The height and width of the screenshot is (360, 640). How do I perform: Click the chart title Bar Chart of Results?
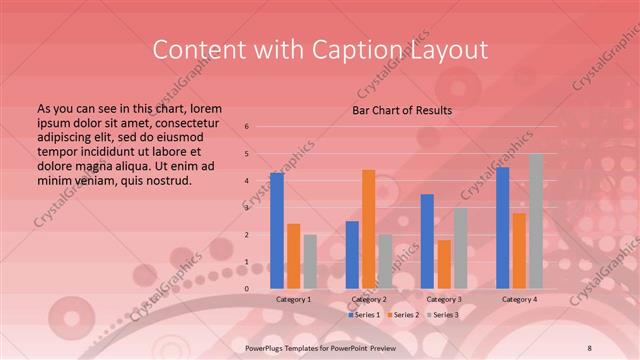[402, 110]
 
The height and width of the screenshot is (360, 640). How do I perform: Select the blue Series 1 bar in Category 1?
[277, 230]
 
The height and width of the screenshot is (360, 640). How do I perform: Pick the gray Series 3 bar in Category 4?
[536, 221]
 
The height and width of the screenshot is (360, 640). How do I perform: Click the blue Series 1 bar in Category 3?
[427, 241]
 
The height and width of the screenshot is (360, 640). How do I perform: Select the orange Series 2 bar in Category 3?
[444, 264]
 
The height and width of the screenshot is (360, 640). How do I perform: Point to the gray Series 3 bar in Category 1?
[309, 261]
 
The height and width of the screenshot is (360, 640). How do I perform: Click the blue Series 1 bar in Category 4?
[503, 227]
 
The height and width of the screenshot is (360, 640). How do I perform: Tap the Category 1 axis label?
[293, 299]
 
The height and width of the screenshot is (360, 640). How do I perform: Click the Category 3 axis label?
[444, 299]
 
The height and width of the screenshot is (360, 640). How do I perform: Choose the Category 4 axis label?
[519, 299]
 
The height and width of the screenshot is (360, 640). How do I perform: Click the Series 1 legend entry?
[365, 315]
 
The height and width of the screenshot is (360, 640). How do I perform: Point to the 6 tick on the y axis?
[247, 127]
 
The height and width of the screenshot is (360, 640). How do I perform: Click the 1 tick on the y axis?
[247, 262]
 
